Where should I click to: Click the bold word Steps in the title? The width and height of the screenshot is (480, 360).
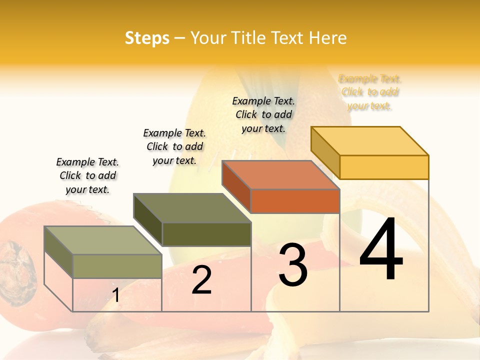pyautogui.click(x=147, y=38)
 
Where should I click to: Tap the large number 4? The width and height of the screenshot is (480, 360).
pyautogui.click(x=381, y=250)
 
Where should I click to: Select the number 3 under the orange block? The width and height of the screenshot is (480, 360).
pyautogui.click(x=293, y=265)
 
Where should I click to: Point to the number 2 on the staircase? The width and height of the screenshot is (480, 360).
pyautogui.click(x=202, y=280)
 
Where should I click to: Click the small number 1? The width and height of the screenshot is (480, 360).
pyautogui.click(x=116, y=295)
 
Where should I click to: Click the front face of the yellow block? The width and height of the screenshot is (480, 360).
pyautogui.click(x=384, y=167)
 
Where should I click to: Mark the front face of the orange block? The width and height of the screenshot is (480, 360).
pyautogui.click(x=295, y=201)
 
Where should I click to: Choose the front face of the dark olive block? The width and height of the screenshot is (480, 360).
pyautogui.click(x=206, y=234)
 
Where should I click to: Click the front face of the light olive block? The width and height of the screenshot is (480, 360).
pyautogui.click(x=117, y=266)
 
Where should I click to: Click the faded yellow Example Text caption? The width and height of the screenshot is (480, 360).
pyautogui.click(x=370, y=92)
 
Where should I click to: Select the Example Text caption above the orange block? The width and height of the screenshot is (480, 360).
pyautogui.click(x=263, y=114)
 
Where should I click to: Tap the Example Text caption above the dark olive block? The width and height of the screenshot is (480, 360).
pyautogui.click(x=174, y=146)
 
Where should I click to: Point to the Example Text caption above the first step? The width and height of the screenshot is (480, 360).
pyautogui.click(x=87, y=175)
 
